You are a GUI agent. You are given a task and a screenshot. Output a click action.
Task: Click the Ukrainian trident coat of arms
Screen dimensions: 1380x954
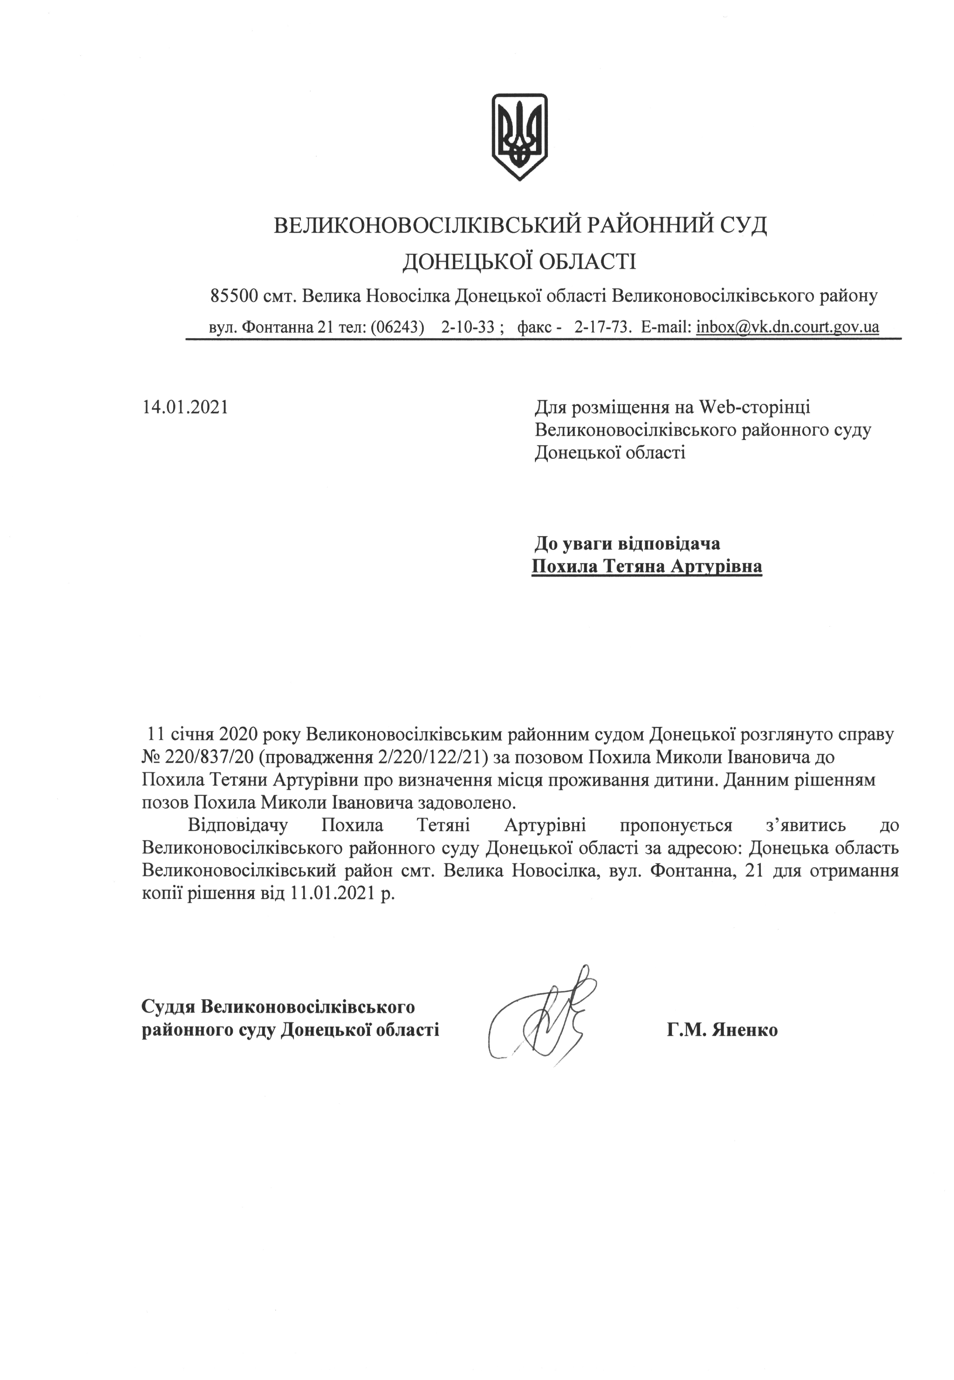(519, 136)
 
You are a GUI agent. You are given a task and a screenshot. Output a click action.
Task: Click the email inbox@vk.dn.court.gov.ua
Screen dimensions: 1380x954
(787, 327)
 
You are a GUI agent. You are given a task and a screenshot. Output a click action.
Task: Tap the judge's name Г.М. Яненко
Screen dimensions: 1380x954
(723, 1030)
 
